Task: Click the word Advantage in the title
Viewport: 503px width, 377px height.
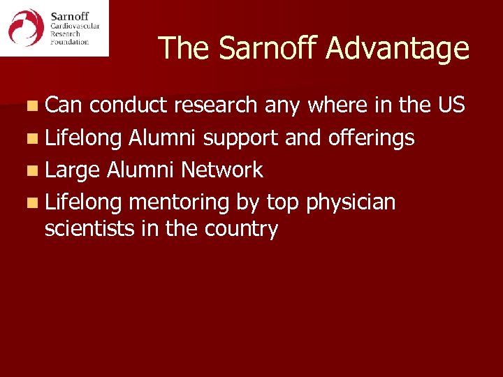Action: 398,49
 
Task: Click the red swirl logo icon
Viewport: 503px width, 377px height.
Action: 26,27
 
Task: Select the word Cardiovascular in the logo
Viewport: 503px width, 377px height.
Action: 75,27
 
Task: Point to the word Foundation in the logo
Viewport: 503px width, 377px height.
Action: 70,42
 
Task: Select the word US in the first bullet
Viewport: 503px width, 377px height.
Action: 451,105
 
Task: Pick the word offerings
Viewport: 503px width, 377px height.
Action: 370,138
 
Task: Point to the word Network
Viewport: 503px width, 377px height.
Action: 221,170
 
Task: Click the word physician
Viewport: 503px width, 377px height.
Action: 351,202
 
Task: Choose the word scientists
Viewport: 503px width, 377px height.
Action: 89,228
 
